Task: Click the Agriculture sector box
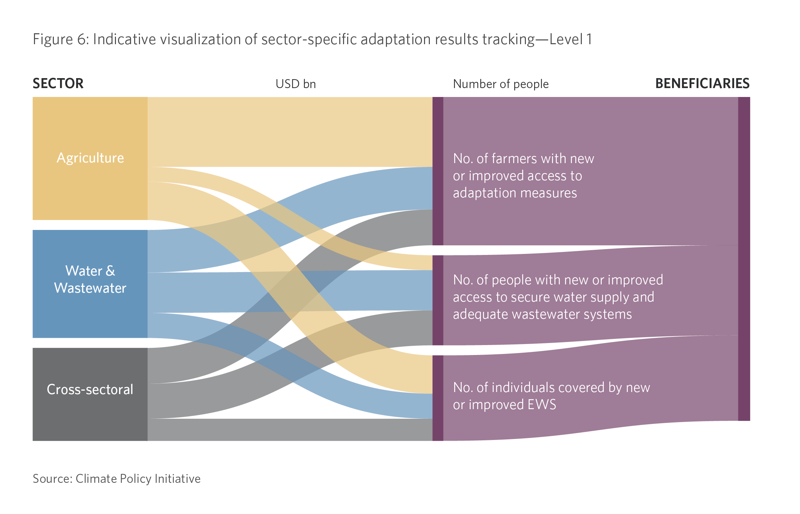point(90,158)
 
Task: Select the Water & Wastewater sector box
point(90,284)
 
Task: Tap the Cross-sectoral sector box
point(90,394)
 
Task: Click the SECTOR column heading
point(58,84)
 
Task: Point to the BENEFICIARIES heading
point(702,84)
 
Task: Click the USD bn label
point(295,84)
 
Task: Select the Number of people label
point(501,84)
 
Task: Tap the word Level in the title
point(566,39)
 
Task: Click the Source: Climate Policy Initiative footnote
point(117,479)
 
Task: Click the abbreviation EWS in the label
point(542,405)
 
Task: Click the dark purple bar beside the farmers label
point(438,171)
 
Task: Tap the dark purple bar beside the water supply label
point(438,300)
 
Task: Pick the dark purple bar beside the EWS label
point(438,398)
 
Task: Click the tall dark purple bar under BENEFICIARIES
point(744,259)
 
